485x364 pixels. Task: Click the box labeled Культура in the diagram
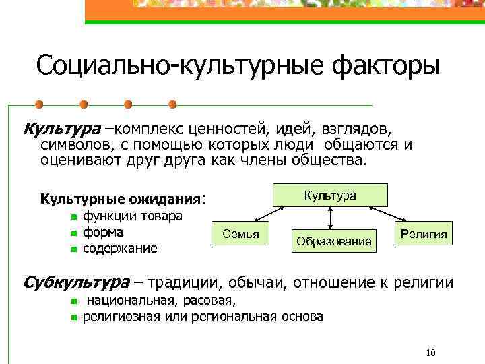point(329,195)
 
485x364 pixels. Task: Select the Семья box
point(240,233)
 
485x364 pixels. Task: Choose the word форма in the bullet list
point(103,233)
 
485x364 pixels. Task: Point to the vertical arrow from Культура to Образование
point(330,217)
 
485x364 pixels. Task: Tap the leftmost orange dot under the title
point(39,104)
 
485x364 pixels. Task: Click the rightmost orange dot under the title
point(172,104)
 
